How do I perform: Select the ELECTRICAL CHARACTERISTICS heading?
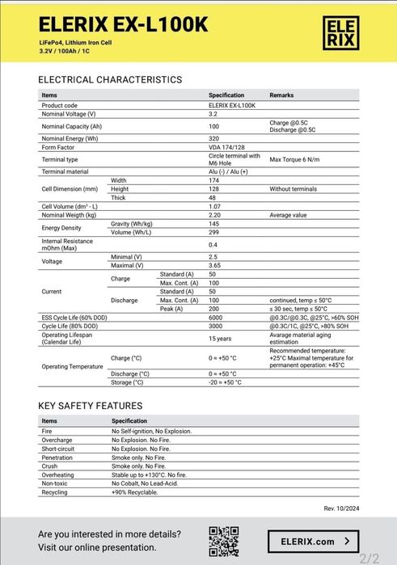click(110, 79)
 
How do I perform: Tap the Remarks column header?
click(282, 95)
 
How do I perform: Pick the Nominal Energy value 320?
click(214, 139)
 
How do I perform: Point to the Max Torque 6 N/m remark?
click(298, 160)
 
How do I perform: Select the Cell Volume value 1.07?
click(216, 206)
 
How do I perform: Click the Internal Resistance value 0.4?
click(213, 244)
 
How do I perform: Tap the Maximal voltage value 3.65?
click(215, 265)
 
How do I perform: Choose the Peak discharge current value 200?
click(214, 309)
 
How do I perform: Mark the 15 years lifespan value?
click(220, 339)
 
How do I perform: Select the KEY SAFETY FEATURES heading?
click(91, 406)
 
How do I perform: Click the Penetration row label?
click(57, 457)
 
